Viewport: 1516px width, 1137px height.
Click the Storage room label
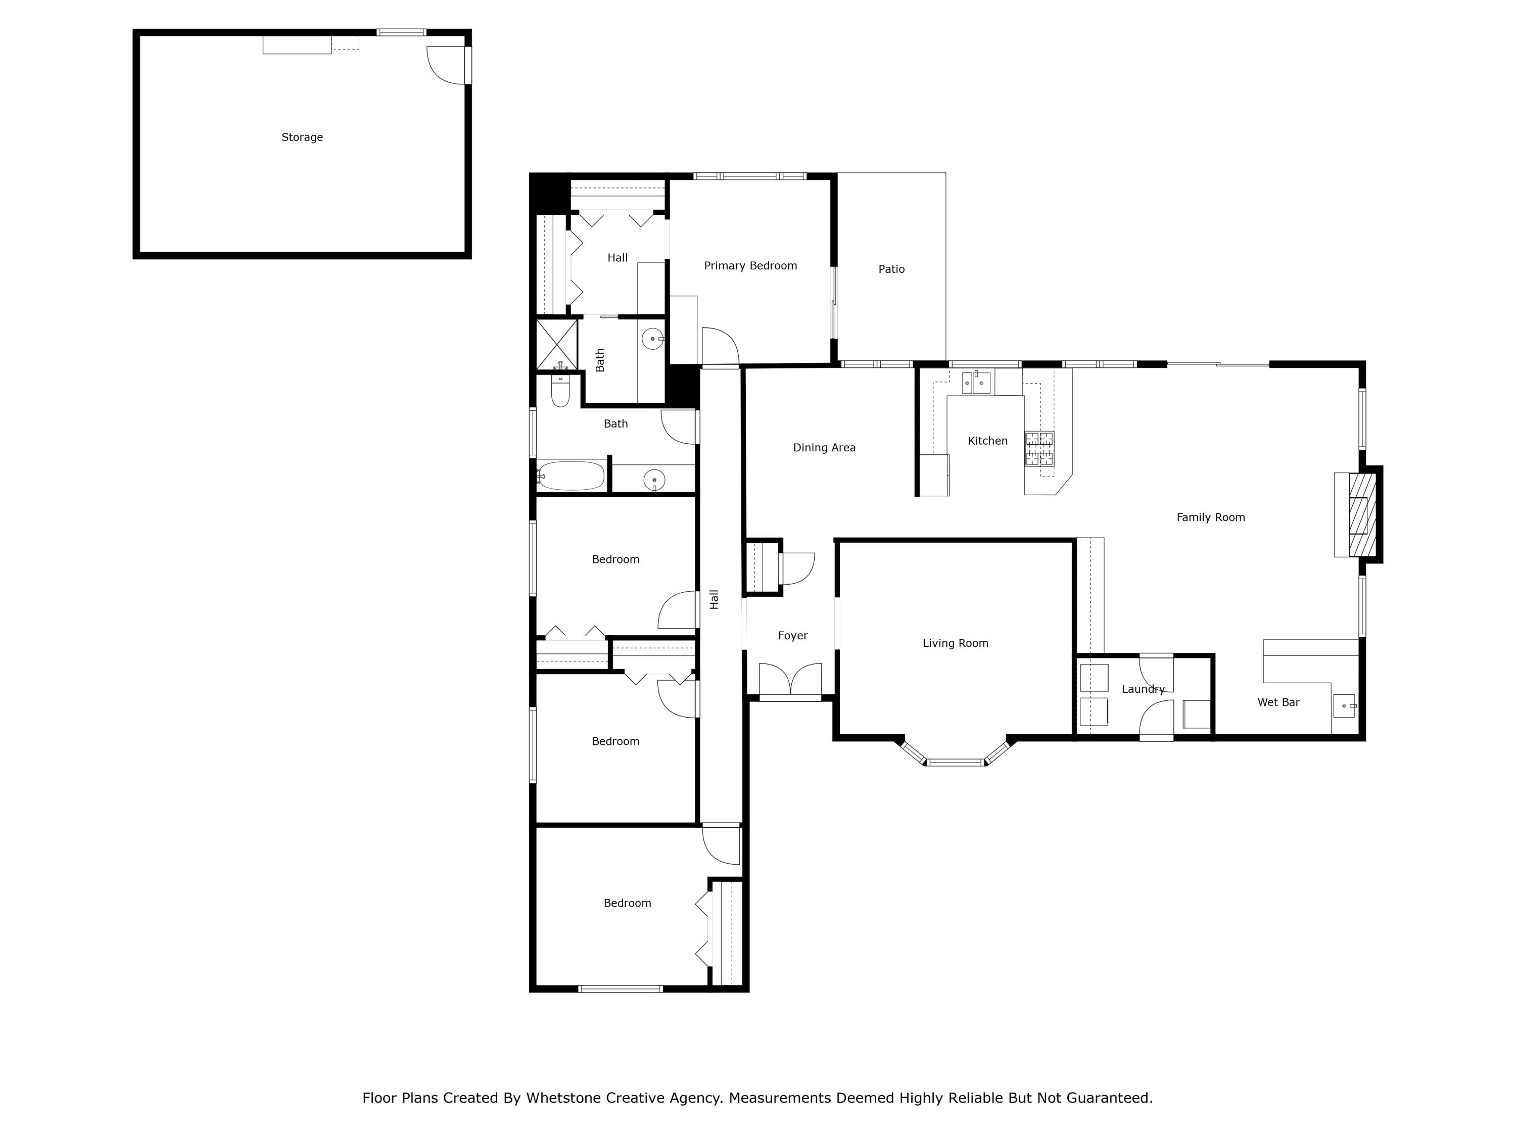click(x=302, y=137)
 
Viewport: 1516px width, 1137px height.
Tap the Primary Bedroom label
click(x=750, y=266)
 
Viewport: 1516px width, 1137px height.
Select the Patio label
click(x=891, y=269)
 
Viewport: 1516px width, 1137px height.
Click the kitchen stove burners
click(x=1039, y=448)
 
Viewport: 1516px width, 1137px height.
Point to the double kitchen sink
click(x=976, y=383)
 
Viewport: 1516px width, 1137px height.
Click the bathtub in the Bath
click(x=571, y=476)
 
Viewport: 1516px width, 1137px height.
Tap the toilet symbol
click(x=560, y=391)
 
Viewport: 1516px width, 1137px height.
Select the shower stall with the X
click(x=556, y=344)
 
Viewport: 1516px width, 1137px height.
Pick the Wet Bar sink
click(x=1344, y=705)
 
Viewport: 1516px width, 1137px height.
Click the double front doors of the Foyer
click(x=790, y=680)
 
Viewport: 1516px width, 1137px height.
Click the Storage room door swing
click(x=447, y=66)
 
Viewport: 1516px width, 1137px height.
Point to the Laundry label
click(x=1143, y=689)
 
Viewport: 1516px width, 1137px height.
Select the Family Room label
click(x=1210, y=517)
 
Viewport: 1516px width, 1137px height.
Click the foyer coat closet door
click(x=796, y=568)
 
